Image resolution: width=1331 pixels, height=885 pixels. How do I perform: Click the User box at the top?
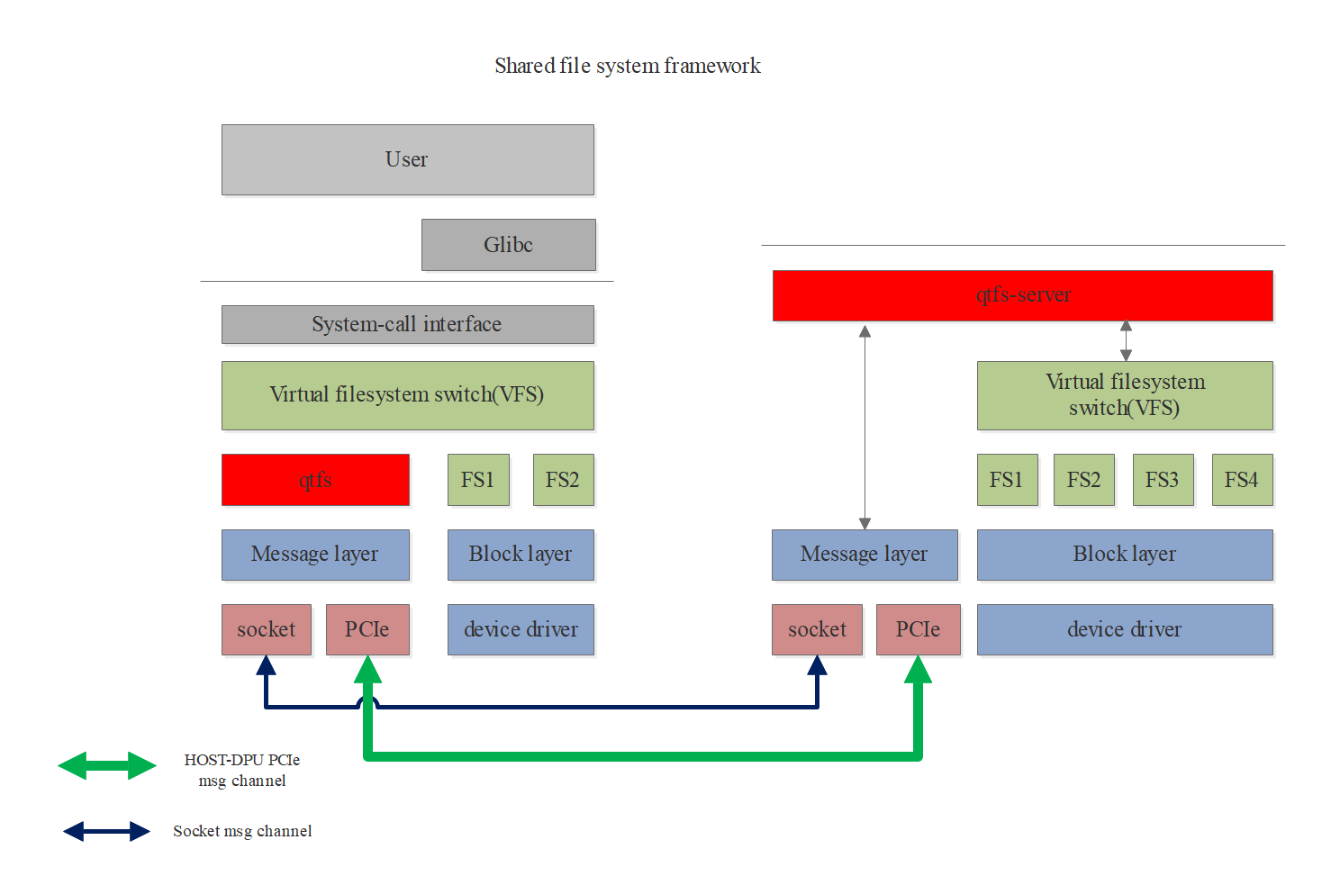coord(407,159)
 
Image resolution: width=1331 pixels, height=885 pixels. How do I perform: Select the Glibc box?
coord(508,245)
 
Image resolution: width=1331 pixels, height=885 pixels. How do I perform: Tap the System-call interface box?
coord(407,324)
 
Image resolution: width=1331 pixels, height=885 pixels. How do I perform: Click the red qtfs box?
coord(315,480)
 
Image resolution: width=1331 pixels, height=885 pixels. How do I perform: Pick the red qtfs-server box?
coord(1022,295)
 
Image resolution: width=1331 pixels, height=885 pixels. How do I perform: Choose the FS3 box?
coord(1162,480)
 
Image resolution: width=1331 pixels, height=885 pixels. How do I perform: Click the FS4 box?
coord(1241,480)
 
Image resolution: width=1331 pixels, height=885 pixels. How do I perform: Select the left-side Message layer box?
coord(315,555)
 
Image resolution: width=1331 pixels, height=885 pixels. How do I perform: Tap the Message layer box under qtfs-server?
coord(864,555)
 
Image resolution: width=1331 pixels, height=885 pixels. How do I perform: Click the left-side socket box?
coord(266,629)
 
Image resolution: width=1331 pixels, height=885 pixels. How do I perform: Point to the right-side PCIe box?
coord(918,629)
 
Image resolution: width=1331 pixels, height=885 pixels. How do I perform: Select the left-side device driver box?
coord(521,629)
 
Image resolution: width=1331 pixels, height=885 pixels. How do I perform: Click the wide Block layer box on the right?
coord(1124,555)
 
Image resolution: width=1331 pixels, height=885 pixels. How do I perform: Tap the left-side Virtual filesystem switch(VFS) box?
coord(407,395)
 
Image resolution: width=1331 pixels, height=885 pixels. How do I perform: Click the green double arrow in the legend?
coord(107,766)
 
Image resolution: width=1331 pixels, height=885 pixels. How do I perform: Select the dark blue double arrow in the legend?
coord(107,831)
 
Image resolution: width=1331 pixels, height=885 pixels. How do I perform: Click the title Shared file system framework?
coord(627,66)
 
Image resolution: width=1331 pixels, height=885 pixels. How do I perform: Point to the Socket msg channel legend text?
coord(242,831)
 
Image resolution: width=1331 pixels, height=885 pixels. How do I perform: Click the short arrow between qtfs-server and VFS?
coord(1126,341)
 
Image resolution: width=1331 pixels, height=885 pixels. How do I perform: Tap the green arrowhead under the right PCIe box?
coord(918,671)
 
